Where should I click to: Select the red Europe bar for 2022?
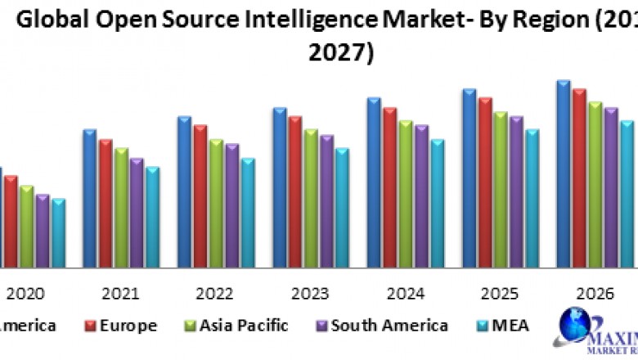(200, 196)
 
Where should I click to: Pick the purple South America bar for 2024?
(421, 196)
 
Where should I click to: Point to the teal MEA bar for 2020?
(57, 232)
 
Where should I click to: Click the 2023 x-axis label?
(310, 294)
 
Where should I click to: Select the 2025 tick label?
(500, 294)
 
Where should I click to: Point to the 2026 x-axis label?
(595, 294)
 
